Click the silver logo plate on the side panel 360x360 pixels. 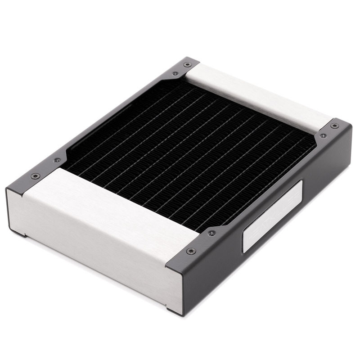[x=272, y=216]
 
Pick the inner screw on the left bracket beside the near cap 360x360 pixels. [x=57, y=160]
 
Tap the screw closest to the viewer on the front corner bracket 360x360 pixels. [x=191, y=251]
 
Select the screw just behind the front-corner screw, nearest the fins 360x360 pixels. [x=211, y=233]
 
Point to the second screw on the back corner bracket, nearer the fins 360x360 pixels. [x=175, y=73]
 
